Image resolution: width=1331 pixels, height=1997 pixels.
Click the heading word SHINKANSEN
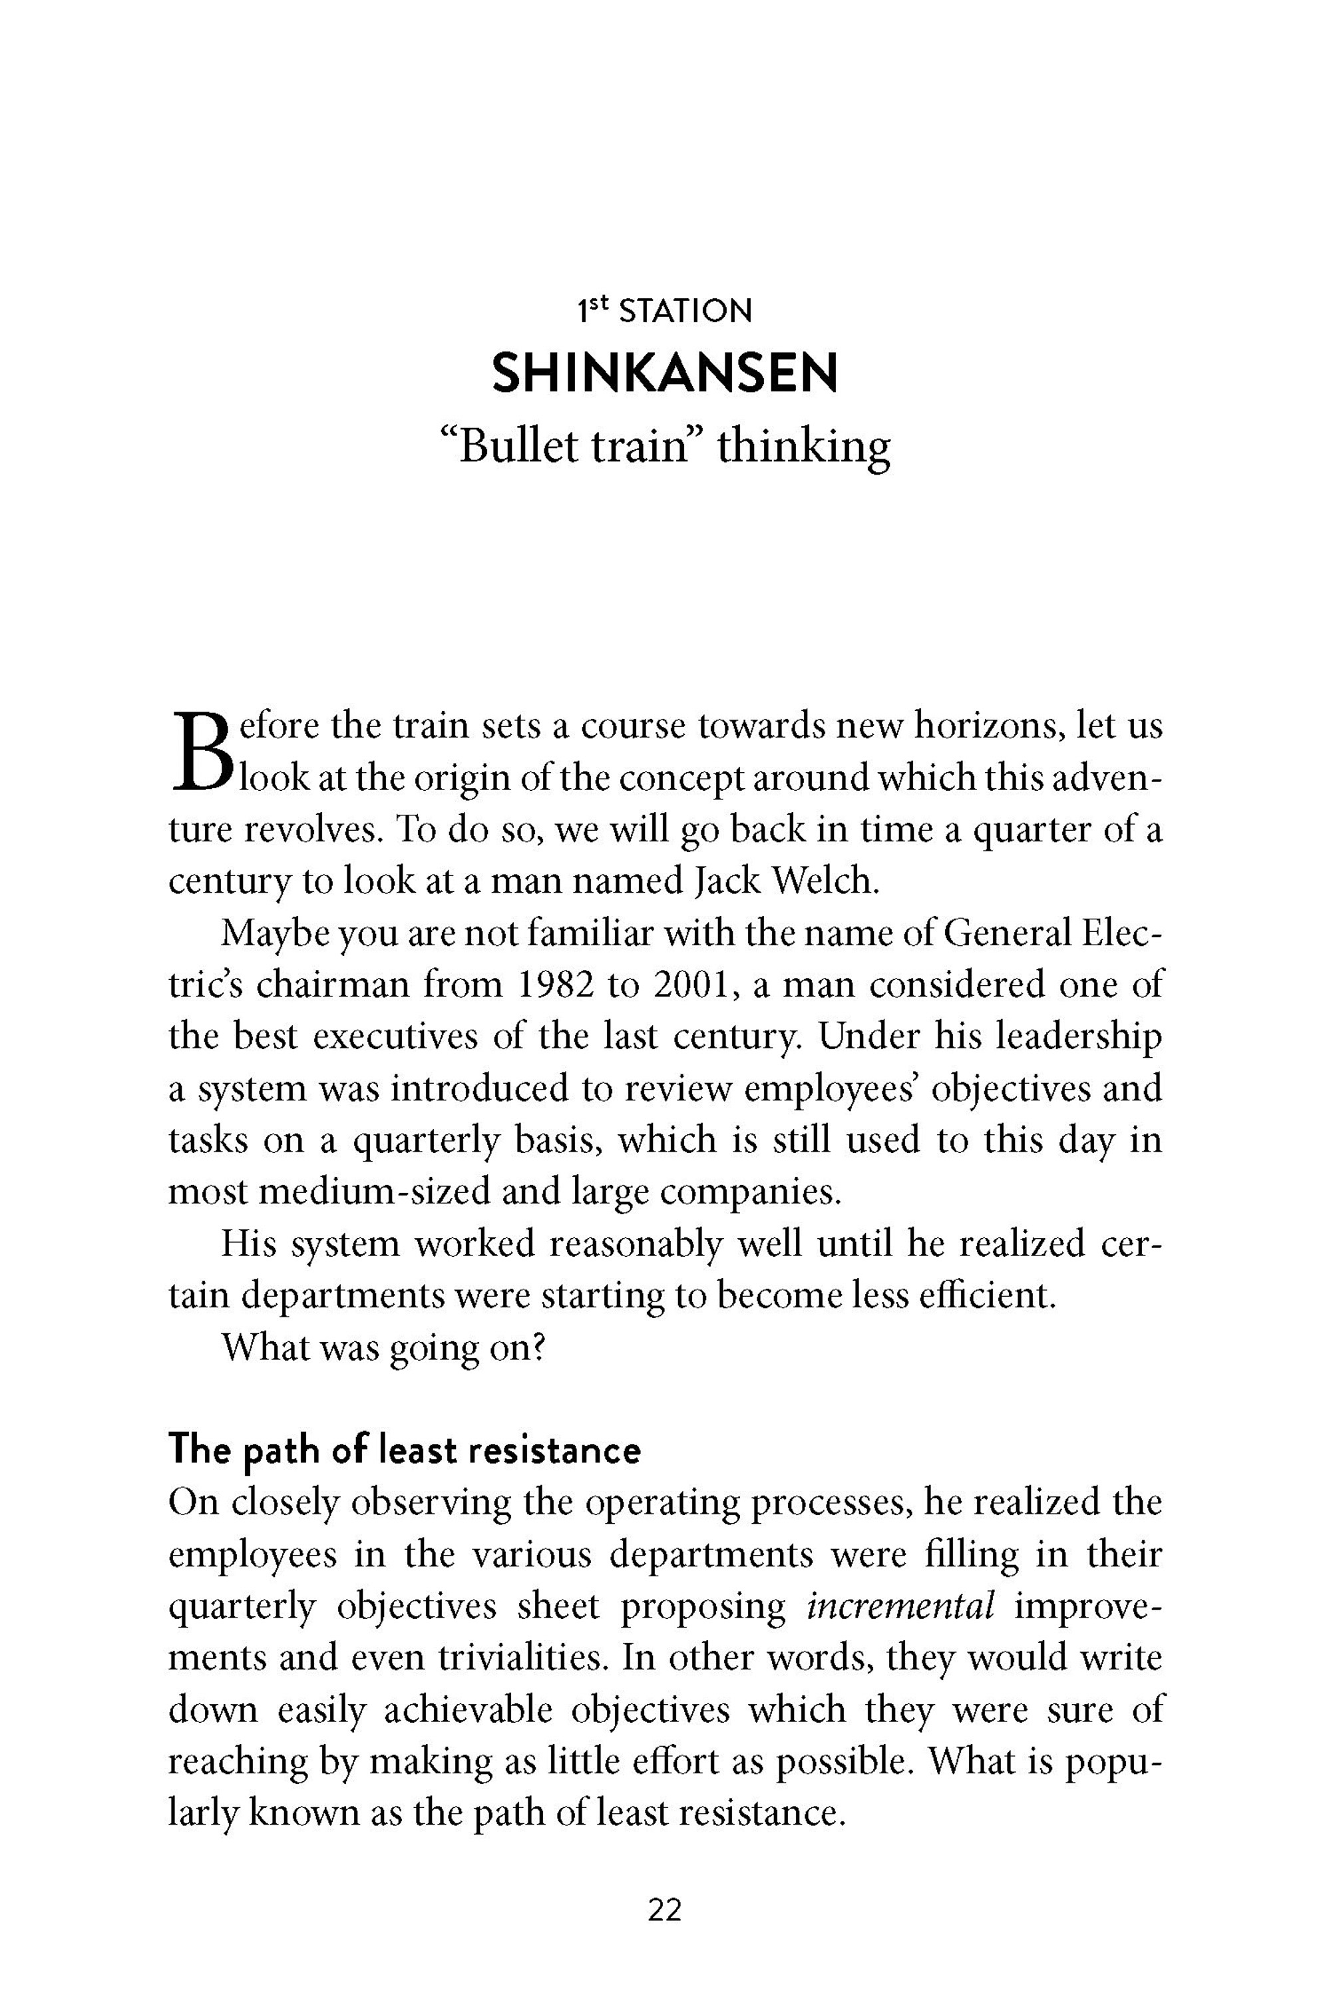665,374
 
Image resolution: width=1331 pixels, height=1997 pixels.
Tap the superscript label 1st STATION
665,312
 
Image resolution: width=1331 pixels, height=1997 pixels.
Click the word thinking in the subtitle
804,446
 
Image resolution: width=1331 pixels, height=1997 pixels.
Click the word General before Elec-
1008,934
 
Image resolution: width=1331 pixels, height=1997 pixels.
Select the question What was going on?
383,1347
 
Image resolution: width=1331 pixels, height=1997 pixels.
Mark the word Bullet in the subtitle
509,446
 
